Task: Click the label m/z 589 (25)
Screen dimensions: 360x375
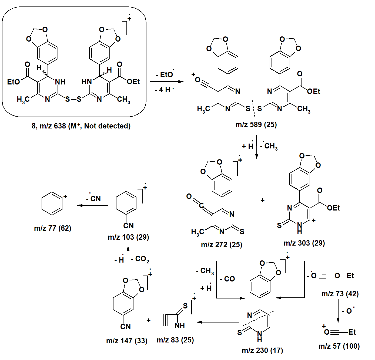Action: [256, 125]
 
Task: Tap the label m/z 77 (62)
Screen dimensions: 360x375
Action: [53, 228]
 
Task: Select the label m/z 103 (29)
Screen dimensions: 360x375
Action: [128, 237]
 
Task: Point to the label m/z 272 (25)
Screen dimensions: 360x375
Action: [222, 245]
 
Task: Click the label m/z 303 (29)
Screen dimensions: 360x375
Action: [304, 243]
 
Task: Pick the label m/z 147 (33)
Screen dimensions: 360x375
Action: [127, 341]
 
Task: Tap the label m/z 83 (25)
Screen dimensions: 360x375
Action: [175, 340]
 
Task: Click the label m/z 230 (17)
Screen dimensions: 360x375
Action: [262, 351]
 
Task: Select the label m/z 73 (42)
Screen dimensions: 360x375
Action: [340, 294]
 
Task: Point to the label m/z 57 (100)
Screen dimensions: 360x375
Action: [339, 346]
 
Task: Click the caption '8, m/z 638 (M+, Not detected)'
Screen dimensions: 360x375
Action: [81, 126]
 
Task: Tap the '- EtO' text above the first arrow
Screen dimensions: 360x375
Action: [165, 74]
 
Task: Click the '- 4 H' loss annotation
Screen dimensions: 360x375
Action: [164, 90]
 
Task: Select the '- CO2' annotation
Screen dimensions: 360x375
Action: [140, 259]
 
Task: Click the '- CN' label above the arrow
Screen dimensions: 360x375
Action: [93, 199]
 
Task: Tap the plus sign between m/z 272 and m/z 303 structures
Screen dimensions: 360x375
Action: [262, 200]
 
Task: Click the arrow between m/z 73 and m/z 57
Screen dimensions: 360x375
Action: [338, 311]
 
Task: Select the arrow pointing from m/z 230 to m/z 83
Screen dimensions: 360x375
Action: [218, 322]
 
